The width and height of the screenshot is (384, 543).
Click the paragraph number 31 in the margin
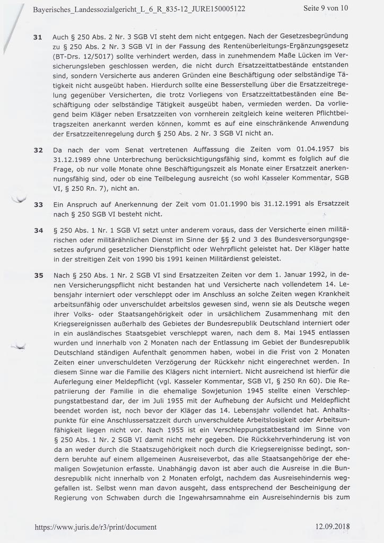coord(38,38)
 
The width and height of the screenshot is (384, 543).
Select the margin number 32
coord(38,150)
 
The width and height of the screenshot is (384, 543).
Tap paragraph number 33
coord(38,204)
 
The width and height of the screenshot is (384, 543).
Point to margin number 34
coord(38,231)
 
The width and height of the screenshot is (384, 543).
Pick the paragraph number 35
coord(38,276)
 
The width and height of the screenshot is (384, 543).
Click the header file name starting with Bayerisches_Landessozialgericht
coord(138,9)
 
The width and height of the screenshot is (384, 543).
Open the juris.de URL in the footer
coord(95,527)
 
